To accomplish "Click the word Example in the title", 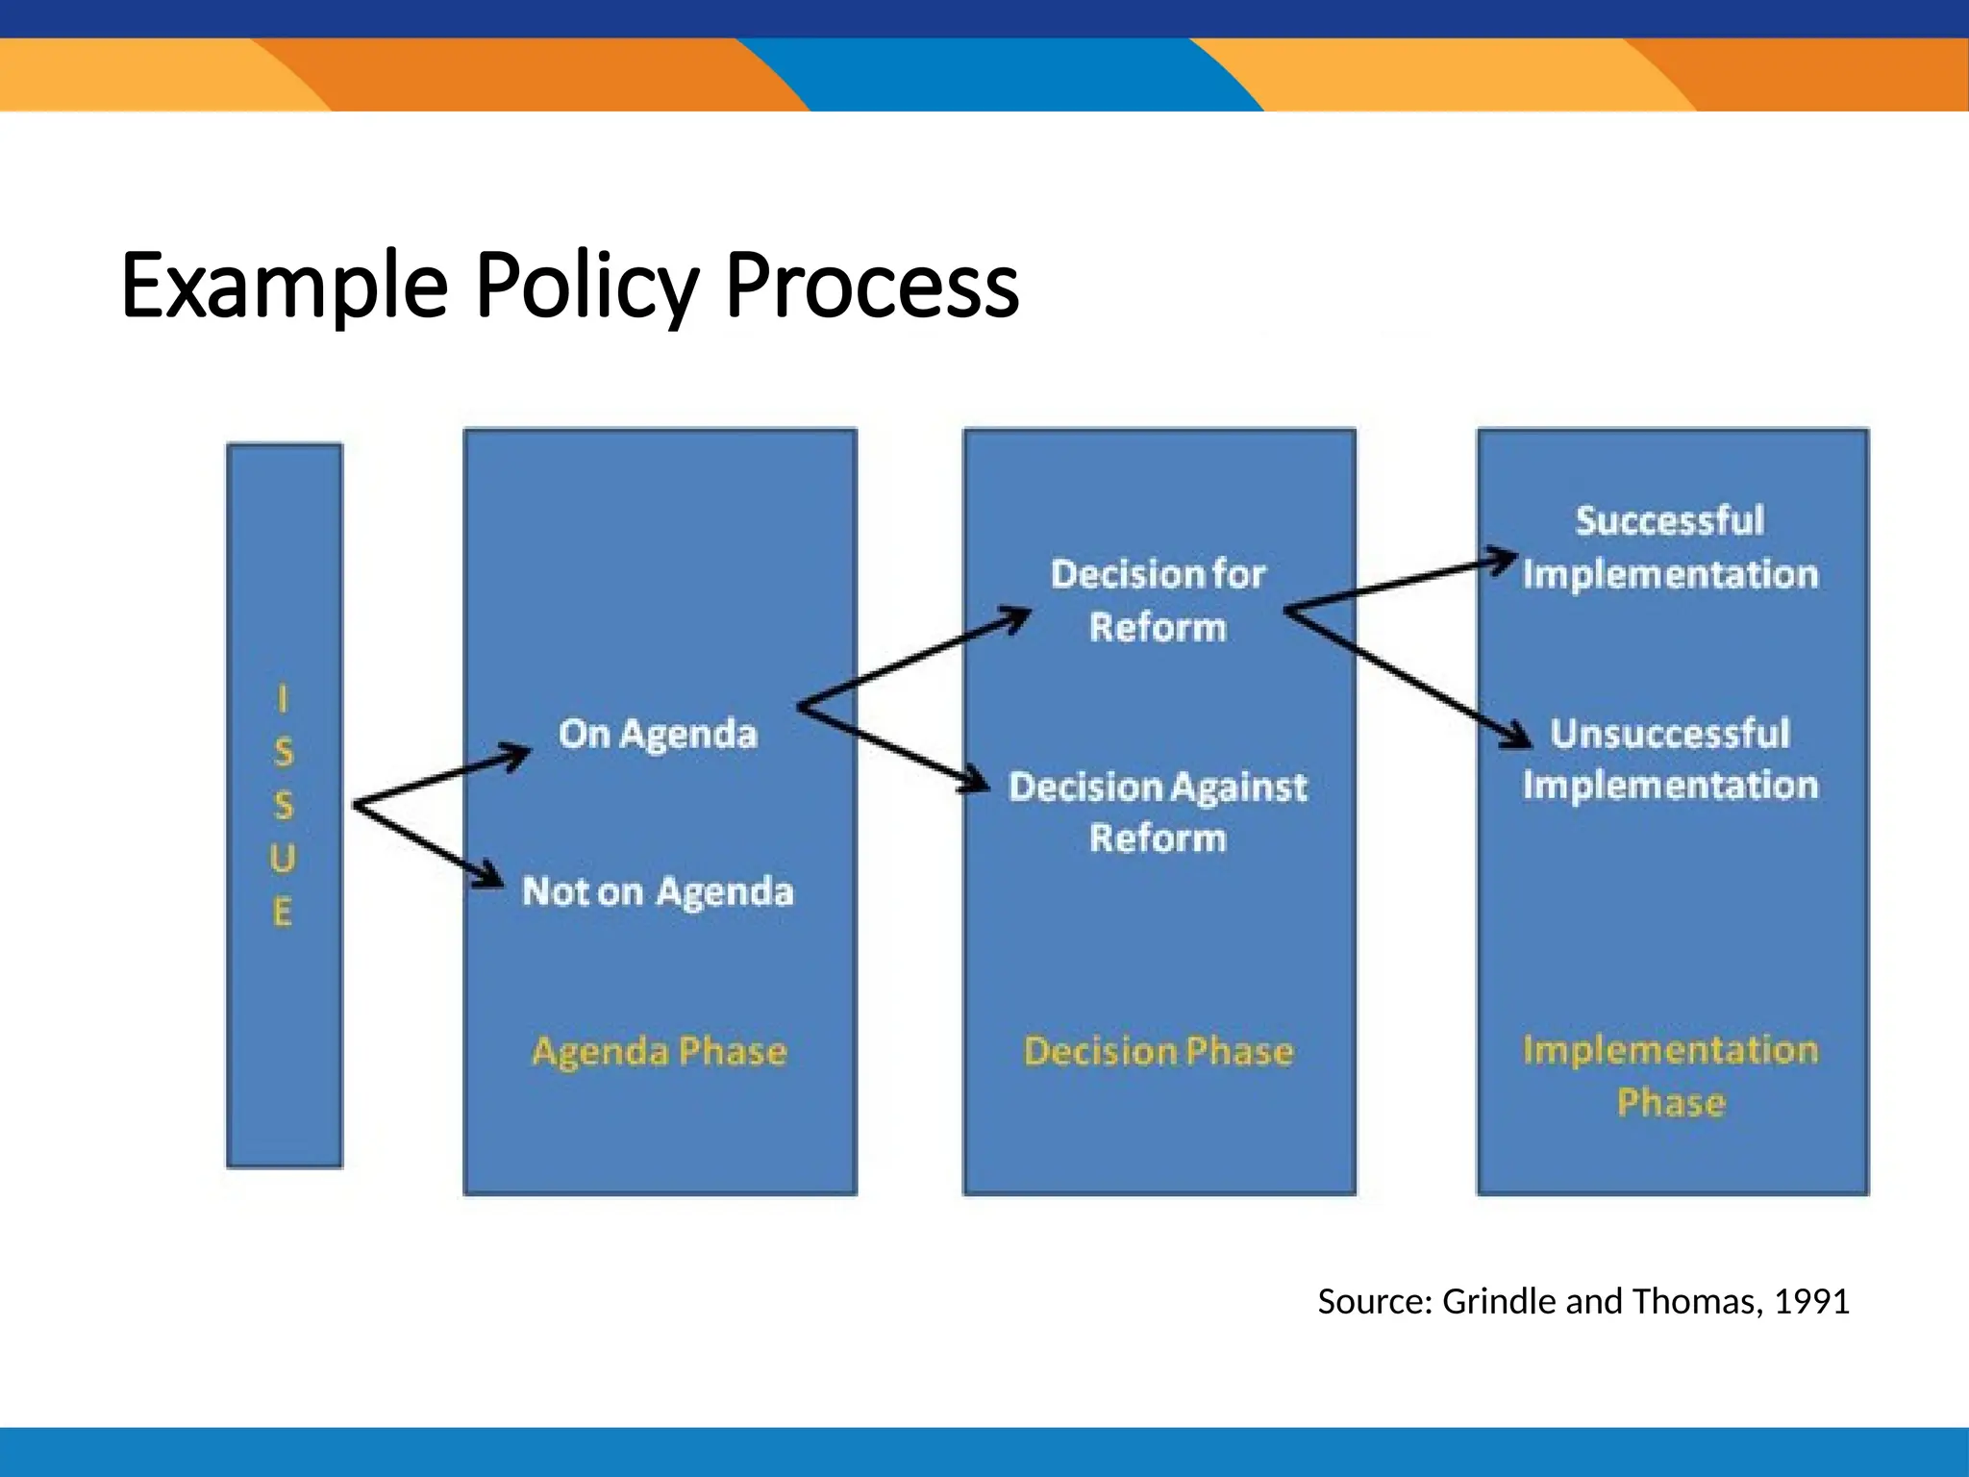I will [x=285, y=286].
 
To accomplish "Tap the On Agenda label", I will [x=659, y=734].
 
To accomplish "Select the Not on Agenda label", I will [x=659, y=891].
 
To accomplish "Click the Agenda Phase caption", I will [x=660, y=1051].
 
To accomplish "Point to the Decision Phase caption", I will [x=1159, y=1051].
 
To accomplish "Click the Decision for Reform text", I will [x=1159, y=600].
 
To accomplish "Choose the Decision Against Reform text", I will [x=1159, y=813].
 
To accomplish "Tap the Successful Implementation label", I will [x=1670, y=547].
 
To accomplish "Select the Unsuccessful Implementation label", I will [x=1670, y=760].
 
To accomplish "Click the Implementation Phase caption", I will [x=1671, y=1075].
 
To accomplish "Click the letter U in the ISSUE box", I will [x=282, y=859].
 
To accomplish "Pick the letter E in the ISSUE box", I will [x=282, y=912].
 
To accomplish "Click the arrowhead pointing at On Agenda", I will [x=518, y=755].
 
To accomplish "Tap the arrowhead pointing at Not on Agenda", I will [x=491, y=876].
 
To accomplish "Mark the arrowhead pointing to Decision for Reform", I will [x=1017, y=616].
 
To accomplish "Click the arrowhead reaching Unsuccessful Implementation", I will [x=1518, y=737].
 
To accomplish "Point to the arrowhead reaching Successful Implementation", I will [x=1505, y=559].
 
